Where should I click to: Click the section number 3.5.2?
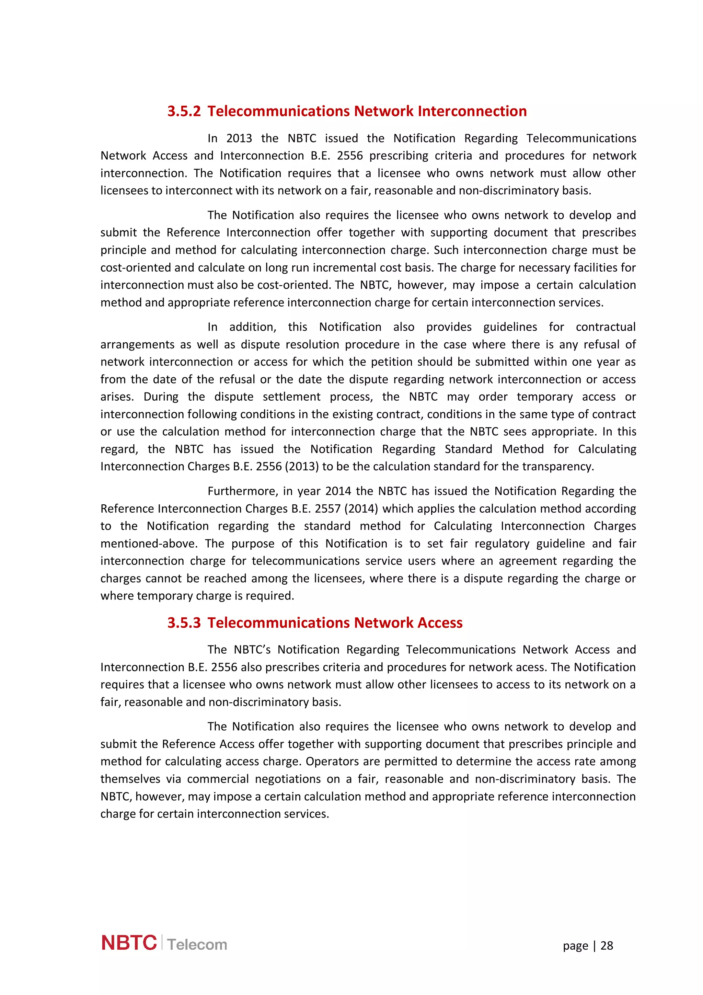pyautogui.click(x=184, y=111)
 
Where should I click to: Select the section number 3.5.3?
pyautogui.click(x=184, y=623)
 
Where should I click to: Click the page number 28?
pyautogui.click(x=607, y=946)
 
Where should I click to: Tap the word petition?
pyautogui.click(x=388, y=362)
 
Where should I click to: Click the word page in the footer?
pyautogui.click(x=575, y=946)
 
